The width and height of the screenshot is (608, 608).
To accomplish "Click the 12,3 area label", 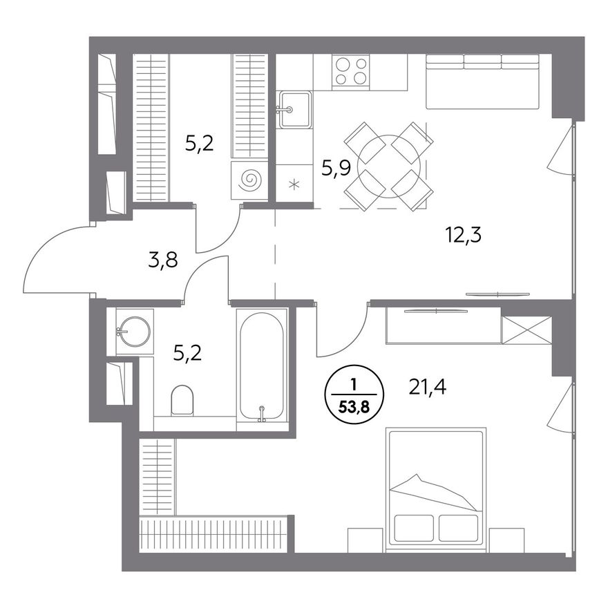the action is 464,235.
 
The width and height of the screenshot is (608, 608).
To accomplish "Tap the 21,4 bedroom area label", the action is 427,387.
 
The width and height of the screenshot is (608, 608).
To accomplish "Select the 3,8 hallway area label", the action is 163,260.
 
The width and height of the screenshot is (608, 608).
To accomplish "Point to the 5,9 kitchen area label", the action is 336,168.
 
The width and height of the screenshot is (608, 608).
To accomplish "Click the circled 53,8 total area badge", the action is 353,395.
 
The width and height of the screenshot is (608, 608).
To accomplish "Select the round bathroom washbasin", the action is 134,331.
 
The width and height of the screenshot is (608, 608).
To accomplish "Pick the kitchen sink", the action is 295,109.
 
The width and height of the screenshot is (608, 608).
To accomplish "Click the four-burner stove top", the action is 350,71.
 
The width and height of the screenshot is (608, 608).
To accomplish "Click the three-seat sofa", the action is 483,82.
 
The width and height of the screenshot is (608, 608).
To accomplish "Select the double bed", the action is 436,490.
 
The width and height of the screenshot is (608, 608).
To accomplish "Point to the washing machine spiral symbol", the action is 249,180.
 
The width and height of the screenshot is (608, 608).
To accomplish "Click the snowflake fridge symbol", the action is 294,184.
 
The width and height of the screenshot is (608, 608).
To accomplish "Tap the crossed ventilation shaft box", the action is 526,330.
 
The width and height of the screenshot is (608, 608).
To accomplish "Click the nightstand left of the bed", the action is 365,540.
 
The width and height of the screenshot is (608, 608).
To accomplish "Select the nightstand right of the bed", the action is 507,540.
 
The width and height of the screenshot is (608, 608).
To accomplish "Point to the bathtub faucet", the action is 262,413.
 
